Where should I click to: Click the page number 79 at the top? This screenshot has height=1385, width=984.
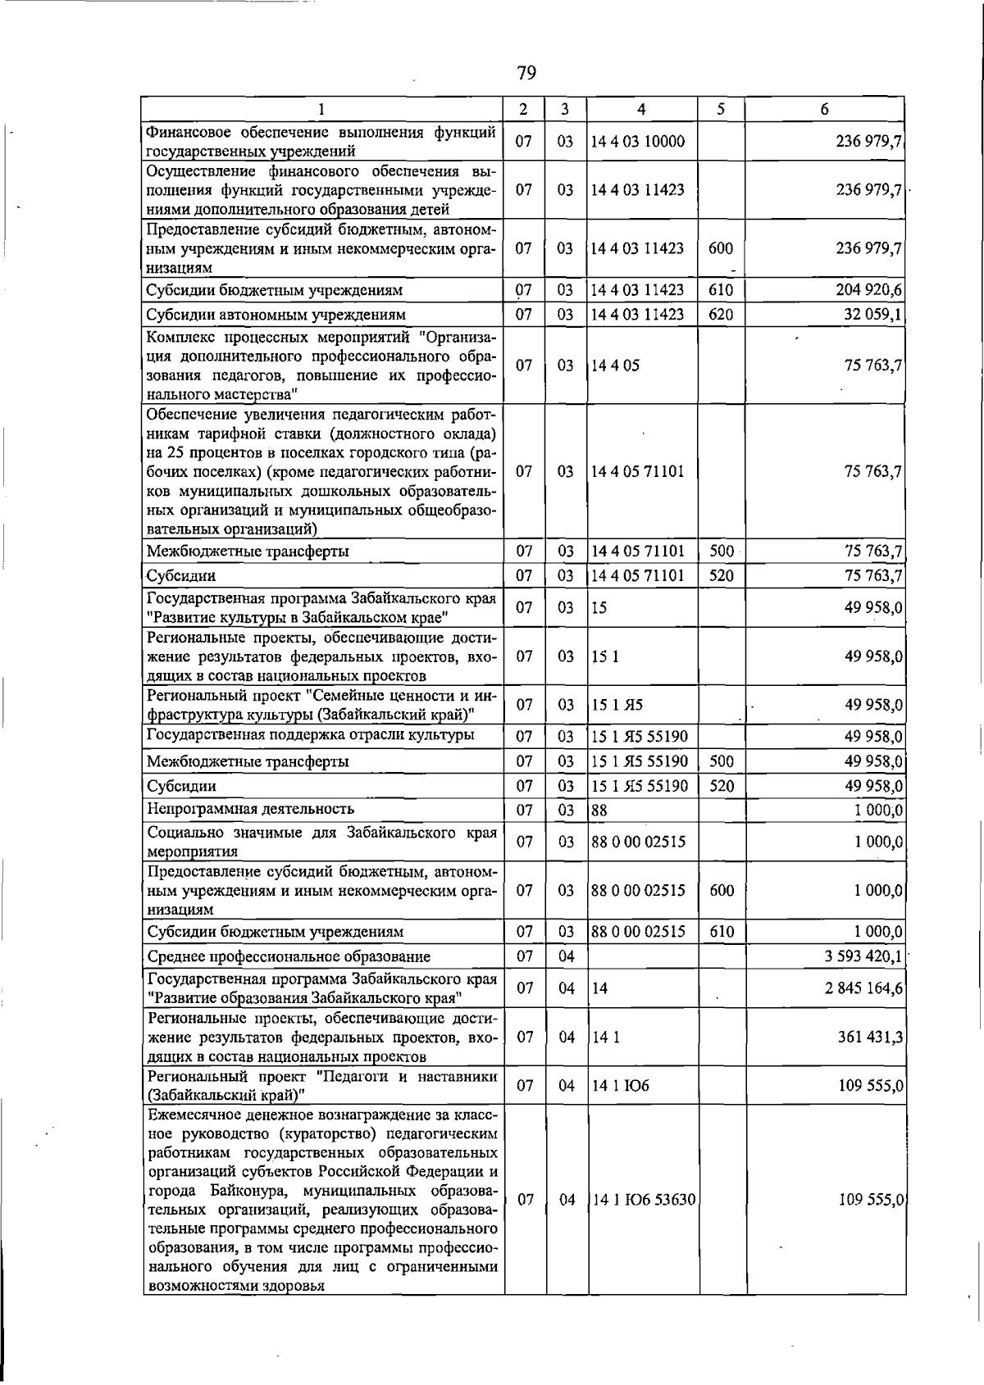click(x=526, y=74)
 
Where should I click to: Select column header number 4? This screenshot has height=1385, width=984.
click(x=641, y=109)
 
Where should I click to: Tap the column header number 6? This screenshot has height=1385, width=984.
click(x=824, y=109)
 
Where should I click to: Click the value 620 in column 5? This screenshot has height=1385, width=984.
click(x=721, y=315)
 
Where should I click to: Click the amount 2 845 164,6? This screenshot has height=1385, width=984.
click(x=863, y=988)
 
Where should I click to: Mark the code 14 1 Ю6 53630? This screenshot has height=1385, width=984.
click(x=644, y=1200)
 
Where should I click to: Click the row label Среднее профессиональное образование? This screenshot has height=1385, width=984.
click(x=289, y=956)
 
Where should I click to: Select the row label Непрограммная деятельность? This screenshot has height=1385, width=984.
click(x=250, y=810)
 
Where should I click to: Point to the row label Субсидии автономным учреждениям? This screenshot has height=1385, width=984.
click(x=276, y=315)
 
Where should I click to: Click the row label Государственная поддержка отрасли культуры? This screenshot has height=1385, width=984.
click(x=310, y=734)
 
